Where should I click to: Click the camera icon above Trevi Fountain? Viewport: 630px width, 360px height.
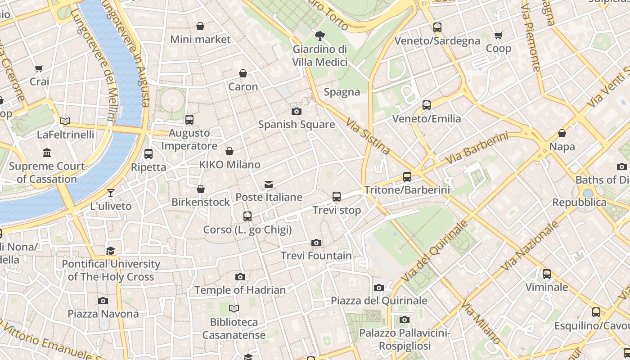click(x=316, y=243)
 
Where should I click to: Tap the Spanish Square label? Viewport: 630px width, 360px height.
click(x=297, y=125)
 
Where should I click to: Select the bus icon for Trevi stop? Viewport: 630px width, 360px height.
click(x=337, y=197)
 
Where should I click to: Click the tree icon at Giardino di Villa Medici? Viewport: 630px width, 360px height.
click(x=320, y=36)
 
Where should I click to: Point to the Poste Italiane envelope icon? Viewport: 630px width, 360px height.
click(x=269, y=184)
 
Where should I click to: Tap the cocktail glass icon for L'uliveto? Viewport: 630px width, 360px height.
click(x=111, y=193)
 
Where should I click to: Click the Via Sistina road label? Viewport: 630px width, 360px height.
click(x=368, y=135)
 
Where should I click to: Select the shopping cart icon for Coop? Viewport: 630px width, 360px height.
click(x=499, y=35)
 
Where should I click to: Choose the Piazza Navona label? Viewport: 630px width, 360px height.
click(x=103, y=314)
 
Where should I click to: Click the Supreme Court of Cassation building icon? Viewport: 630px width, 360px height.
click(x=47, y=153)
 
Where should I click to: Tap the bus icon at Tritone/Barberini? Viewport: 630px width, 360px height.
click(x=407, y=177)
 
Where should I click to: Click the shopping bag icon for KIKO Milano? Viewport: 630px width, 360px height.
click(x=229, y=151)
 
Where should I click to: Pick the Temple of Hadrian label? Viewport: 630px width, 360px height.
click(x=240, y=290)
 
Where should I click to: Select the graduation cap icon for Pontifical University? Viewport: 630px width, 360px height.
click(x=111, y=251)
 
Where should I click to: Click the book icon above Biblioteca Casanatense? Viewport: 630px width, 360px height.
click(x=234, y=309)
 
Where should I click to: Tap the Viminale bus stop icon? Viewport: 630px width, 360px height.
click(x=547, y=274)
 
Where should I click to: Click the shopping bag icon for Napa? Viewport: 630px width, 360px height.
click(x=562, y=133)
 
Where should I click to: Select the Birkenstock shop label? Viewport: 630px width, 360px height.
click(x=201, y=202)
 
